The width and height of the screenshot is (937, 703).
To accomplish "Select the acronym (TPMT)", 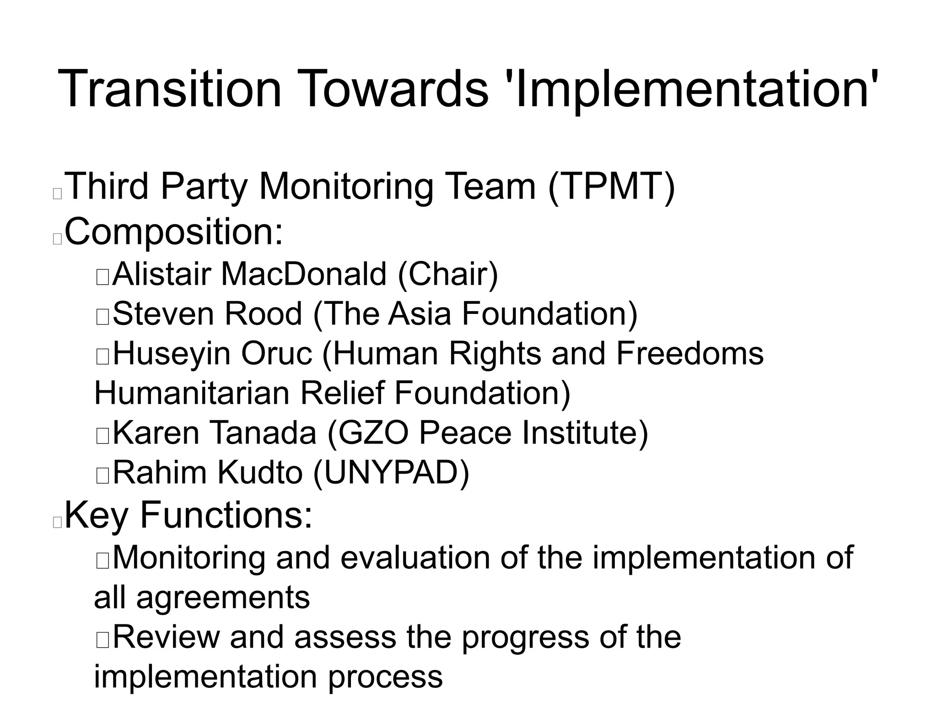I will (611, 187).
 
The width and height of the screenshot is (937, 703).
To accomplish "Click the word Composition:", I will (174, 233).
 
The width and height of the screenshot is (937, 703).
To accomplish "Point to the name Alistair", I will (162, 275).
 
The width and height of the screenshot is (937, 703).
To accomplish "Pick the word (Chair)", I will (448, 275).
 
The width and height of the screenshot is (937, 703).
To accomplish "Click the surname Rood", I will (263, 314).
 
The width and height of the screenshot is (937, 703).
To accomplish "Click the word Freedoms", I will (690, 354).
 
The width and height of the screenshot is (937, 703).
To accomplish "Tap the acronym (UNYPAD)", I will (391, 473).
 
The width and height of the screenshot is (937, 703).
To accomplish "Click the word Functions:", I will (226, 515).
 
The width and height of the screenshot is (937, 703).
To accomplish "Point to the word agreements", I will (223, 598).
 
